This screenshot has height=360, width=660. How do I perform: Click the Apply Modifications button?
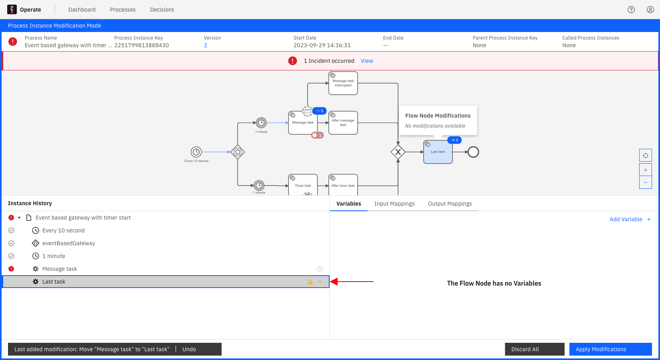[610, 349]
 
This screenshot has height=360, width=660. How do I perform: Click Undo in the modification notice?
[189, 349]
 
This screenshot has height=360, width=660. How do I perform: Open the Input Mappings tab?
[394, 204]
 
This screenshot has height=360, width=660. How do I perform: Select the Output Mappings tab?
[450, 204]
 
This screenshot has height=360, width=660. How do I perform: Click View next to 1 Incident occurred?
[367, 61]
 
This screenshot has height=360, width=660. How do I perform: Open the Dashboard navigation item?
[82, 10]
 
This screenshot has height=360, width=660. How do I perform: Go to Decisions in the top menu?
[162, 10]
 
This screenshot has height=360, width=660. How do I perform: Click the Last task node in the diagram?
[438, 152]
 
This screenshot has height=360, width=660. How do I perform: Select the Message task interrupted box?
[343, 83]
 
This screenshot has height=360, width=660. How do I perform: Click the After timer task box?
[343, 185]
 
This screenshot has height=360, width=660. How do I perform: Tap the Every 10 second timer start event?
[196, 152]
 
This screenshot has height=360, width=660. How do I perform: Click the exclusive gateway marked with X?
[398, 152]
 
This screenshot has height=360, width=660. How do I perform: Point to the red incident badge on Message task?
[317, 135]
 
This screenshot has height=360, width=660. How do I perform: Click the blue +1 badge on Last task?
[454, 140]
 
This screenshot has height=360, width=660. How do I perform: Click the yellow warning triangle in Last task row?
[310, 282]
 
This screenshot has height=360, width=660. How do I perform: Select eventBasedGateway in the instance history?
[68, 243]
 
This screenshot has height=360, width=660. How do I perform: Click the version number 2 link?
[205, 45]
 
